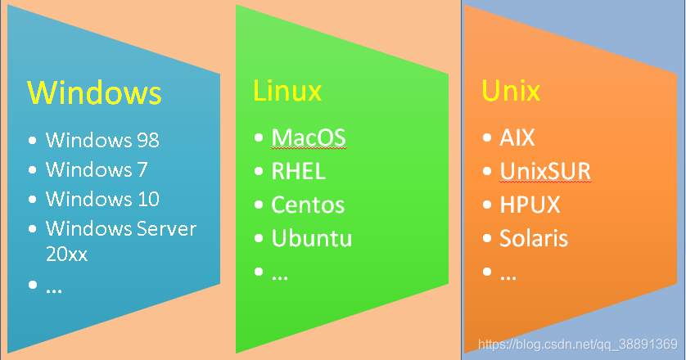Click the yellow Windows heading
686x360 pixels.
click(95, 92)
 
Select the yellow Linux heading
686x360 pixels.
click(287, 90)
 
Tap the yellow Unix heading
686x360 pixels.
click(512, 90)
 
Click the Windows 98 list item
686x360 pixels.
click(102, 140)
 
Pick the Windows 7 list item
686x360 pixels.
click(96, 169)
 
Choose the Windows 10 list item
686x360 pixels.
click(102, 199)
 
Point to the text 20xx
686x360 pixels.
click(66, 254)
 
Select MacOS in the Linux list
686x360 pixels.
click(309, 137)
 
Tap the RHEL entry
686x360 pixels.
click(299, 171)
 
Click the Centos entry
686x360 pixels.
click(308, 205)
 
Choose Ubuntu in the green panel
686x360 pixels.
click(312, 238)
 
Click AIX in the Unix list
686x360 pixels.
click(517, 137)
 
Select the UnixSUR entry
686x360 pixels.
click(545, 171)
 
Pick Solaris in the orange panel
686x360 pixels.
click(534, 238)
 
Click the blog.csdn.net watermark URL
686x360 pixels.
click(577, 344)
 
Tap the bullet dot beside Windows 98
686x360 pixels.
click(33, 140)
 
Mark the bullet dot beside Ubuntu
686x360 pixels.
click(260, 238)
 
